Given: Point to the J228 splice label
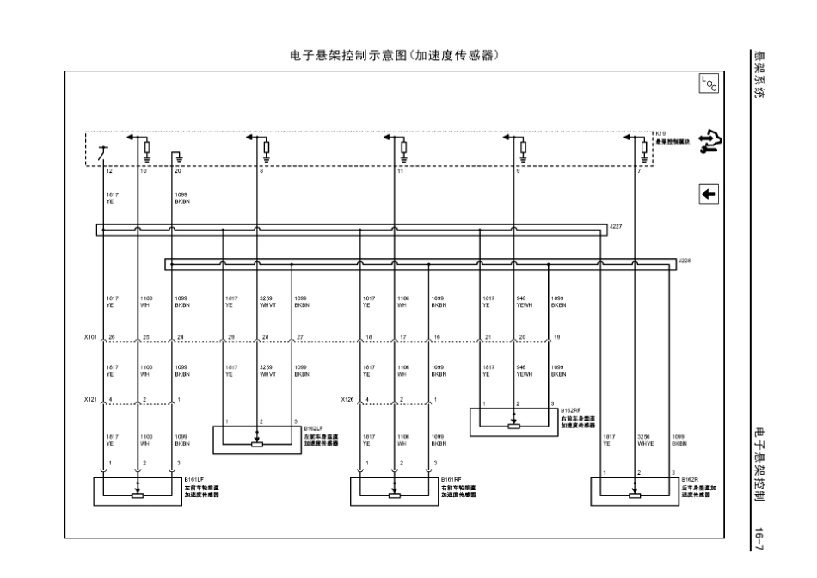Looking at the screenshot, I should [x=684, y=259].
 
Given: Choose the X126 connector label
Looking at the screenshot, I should [x=347, y=400].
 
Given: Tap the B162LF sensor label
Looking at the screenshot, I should [x=313, y=427].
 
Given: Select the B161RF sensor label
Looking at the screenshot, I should [x=451, y=480].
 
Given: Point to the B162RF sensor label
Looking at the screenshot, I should [x=571, y=411].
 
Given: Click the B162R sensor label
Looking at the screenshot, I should [x=691, y=480].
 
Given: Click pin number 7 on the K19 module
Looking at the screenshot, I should [x=638, y=172].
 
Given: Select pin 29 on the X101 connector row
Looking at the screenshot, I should [x=230, y=337].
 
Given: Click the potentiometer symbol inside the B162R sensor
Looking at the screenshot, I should [x=635, y=495].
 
